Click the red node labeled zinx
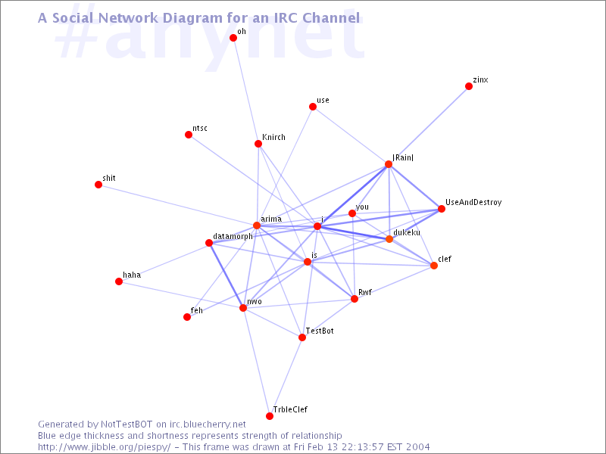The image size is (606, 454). [469, 86]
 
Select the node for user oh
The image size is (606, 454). [233, 37]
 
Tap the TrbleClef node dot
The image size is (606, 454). [270, 416]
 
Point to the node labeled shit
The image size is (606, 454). [98, 185]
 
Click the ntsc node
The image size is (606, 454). [189, 135]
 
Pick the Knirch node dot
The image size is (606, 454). [258, 144]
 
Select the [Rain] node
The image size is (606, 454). [389, 164]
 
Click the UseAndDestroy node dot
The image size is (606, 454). [442, 209]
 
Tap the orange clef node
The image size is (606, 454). [434, 266]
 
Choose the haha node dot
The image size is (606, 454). [119, 281]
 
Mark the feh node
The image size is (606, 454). [187, 317]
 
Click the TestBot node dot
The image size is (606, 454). [302, 337]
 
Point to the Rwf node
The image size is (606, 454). [355, 299]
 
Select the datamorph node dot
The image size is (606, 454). [209, 243]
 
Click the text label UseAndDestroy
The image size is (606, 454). [473, 202]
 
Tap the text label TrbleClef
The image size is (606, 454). [290, 409]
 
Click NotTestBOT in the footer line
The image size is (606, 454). [127, 424]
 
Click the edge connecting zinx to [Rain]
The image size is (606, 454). [429, 126]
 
